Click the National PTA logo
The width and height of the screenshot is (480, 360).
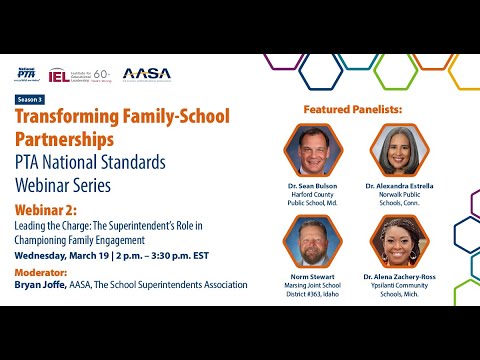[x=30, y=74]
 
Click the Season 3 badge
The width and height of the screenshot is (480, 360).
[x=32, y=100]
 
